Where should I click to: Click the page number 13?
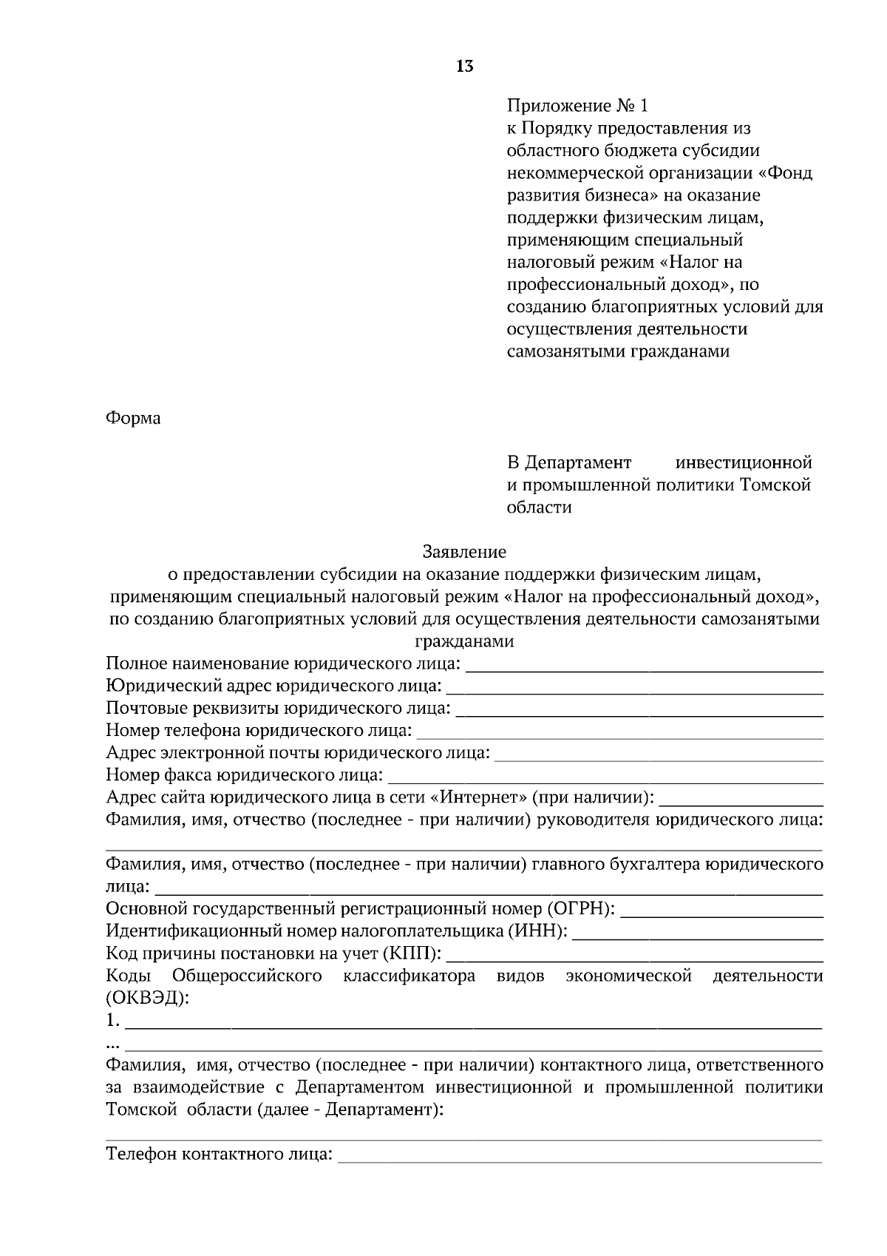coord(464,67)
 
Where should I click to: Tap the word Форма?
coord(133,418)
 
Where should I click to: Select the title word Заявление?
coord(464,551)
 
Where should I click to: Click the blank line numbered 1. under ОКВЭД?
coord(473,1024)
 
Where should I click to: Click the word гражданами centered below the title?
coord(464,641)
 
